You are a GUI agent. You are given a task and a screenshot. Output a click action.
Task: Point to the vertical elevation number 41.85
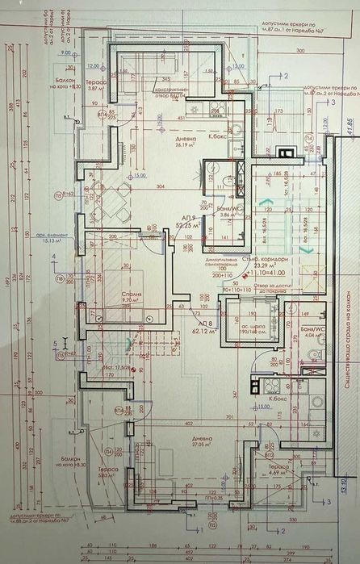coord(350,124)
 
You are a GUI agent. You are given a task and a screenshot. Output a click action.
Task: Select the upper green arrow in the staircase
coord(266,200)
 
